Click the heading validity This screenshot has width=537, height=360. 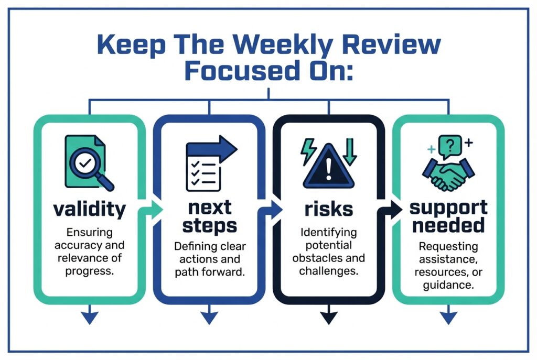90,209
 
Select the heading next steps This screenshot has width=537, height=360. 209,217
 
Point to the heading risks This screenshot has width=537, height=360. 328,209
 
